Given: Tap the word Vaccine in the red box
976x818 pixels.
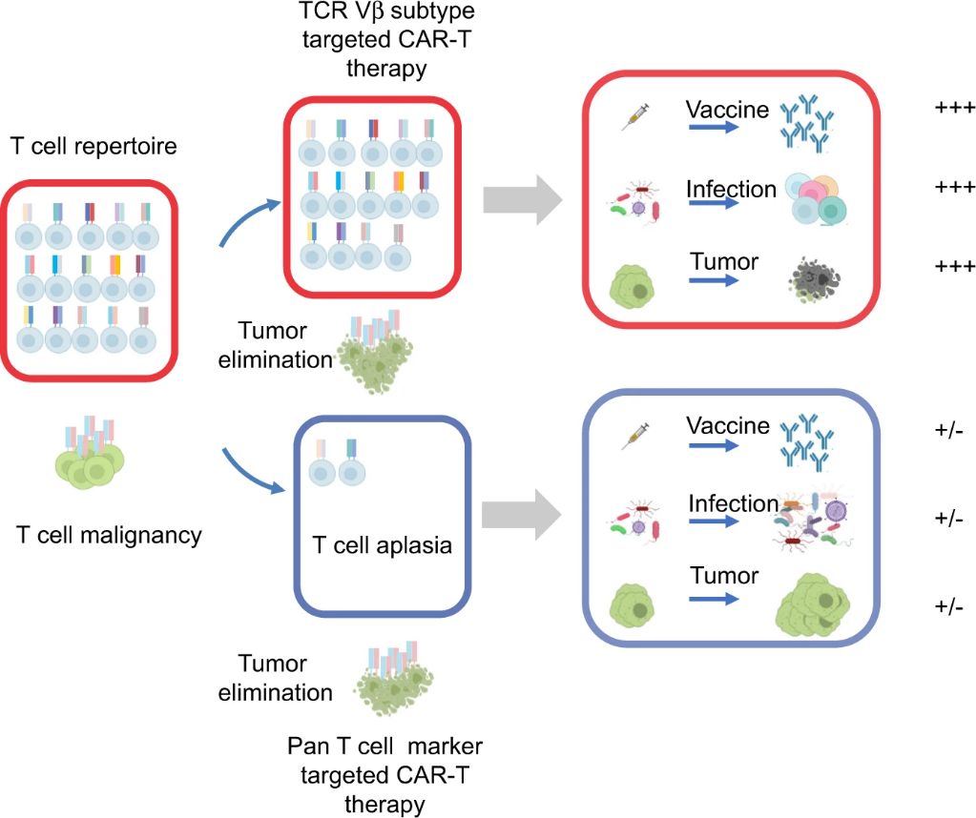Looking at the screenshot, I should point(727,110).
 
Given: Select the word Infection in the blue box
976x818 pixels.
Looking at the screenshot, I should point(734,504).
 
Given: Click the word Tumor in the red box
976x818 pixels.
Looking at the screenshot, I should point(724,262).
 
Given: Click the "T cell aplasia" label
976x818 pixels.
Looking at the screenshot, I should point(383,546).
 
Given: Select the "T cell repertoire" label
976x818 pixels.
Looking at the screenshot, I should point(94,147).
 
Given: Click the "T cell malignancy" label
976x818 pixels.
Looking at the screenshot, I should point(110,535).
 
